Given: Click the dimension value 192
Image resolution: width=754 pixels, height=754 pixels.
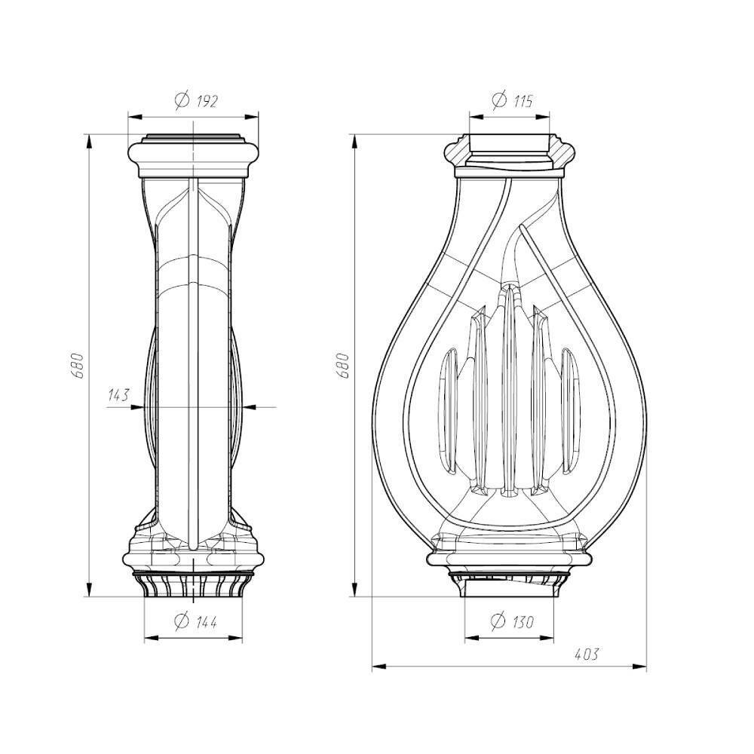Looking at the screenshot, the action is tap(207, 101).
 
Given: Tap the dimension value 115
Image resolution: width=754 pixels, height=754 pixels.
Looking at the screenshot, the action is tap(523, 101).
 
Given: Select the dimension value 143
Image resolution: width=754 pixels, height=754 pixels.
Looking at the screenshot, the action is tap(118, 395).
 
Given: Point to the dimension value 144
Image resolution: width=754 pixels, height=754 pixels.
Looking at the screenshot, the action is tap(207, 622).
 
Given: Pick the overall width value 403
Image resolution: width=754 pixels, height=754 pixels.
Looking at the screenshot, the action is tap(587, 654).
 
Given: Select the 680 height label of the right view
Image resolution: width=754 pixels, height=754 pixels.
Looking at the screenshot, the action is tap(342, 366).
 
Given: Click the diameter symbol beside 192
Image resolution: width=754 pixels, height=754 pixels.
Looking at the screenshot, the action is tap(182, 100).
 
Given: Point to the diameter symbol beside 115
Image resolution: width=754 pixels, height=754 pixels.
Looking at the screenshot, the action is tap(500, 100).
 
